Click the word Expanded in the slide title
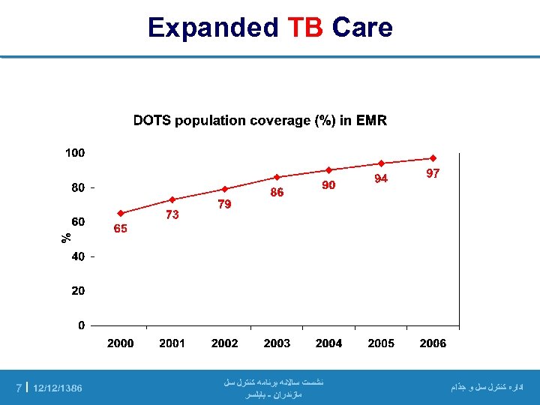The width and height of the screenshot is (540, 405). pos(213,28)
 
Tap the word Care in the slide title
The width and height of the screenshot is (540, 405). pos(362,28)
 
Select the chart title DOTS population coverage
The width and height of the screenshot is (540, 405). pos(259,121)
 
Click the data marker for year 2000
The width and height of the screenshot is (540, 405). pos(120,213)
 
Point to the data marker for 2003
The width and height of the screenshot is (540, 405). pos(277,177)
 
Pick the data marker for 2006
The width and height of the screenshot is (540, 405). pos(433,158)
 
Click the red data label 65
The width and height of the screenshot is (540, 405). pos(120,229)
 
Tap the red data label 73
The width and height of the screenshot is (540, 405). pos(172,214)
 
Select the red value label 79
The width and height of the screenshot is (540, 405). pos(224,204)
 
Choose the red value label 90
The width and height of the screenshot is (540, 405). pos(328,184)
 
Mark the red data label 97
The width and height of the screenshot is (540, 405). pos(433,173)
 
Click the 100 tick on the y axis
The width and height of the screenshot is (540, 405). pos(75,153)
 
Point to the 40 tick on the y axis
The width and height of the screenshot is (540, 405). pos(78,256)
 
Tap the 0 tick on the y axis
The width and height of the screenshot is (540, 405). pos(81,325)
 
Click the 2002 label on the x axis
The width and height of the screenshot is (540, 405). pos(224,343)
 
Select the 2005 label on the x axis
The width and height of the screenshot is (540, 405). pos(381,343)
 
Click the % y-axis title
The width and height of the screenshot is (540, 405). pos(66,237)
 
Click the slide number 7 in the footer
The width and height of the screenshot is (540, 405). pos(19,388)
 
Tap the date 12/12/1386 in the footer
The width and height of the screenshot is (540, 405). pos(58,388)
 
